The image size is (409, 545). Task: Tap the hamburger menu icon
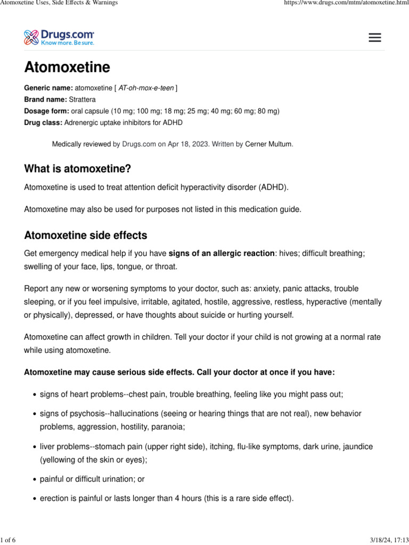375,37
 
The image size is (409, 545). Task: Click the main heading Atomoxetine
67,68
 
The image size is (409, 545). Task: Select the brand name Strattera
83,100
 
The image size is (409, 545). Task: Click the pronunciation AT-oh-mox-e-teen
146,88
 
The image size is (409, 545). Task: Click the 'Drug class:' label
43,123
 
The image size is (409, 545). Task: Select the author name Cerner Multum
268,144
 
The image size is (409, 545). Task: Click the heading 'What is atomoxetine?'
77,169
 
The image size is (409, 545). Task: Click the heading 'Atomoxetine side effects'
86,235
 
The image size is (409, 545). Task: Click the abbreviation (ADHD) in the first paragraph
273,187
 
